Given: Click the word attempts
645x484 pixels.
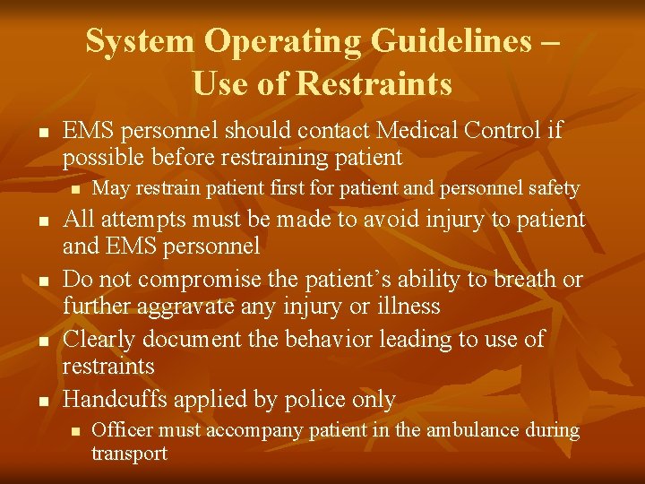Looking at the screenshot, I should [151, 220].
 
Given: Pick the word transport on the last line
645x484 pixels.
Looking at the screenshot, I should [129, 454].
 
